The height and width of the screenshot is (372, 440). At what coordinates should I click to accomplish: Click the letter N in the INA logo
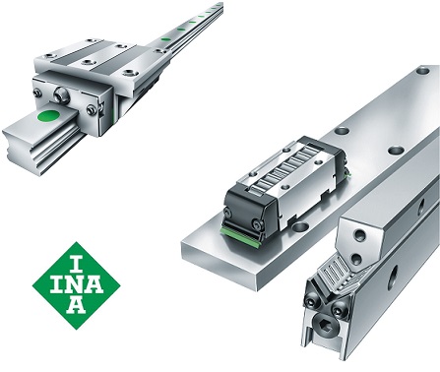pos(76,285)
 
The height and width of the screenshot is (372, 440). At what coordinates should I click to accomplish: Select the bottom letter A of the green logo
pos(77,306)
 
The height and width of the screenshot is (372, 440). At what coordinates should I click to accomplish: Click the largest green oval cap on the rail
pos(48,115)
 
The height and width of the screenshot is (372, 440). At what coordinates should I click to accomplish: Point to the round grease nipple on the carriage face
pos(61,95)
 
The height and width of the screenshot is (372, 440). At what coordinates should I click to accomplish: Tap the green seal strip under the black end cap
pos(241,232)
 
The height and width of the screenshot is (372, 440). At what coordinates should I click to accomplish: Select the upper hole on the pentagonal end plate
pos(360,235)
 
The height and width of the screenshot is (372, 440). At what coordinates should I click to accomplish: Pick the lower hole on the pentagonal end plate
pos(355,259)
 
